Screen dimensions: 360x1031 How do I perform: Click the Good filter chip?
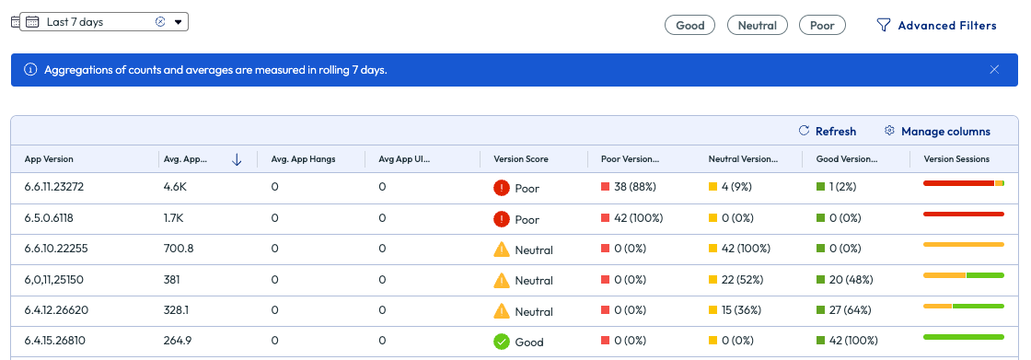click(689, 25)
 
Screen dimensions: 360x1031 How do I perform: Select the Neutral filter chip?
click(757, 25)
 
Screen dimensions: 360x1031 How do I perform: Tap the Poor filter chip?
click(822, 25)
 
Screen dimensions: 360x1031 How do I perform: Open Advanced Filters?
click(936, 25)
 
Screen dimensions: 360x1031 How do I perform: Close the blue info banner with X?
click(994, 69)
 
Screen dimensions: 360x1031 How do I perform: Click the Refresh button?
click(828, 132)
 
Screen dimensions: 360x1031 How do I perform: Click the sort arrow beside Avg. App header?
click(237, 159)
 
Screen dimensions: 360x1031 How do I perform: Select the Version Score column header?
click(521, 159)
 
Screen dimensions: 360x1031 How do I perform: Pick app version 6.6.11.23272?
click(54, 188)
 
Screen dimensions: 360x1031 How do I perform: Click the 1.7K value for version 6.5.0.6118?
click(176, 219)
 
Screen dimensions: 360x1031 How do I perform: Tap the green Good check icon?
click(502, 342)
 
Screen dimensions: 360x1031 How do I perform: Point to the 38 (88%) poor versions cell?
click(633, 188)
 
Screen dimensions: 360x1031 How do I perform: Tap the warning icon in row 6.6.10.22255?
click(502, 249)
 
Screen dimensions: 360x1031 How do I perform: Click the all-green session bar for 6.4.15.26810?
click(963, 337)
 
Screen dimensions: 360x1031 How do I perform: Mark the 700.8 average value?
click(179, 250)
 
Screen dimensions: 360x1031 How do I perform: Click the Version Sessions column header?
click(956, 159)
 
